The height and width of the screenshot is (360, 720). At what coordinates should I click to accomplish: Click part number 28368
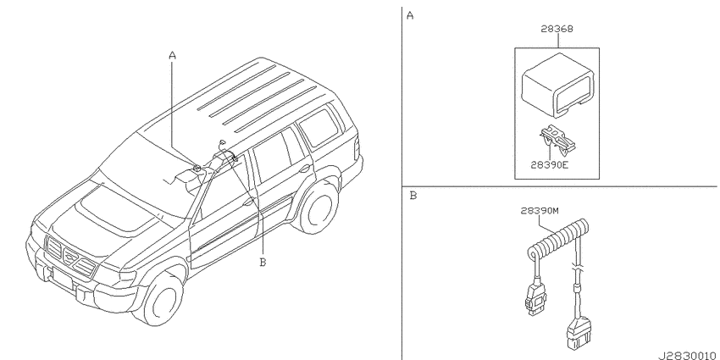click(x=557, y=29)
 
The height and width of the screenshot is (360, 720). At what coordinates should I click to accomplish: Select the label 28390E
click(x=549, y=165)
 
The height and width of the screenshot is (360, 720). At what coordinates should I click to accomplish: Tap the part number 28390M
click(x=540, y=211)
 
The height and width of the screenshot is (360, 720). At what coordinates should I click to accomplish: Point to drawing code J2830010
click(x=688, y=356)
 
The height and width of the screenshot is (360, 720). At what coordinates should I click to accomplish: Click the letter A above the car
click(x=172, y=56)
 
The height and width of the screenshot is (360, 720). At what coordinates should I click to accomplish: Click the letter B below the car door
click(x=263, y=263)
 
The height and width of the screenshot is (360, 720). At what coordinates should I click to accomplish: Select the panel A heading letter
click(x=410, y=16)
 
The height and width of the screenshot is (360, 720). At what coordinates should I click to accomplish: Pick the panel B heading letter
click(x=413, y=196)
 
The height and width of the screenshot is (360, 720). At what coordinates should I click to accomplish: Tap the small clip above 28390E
click(x=557, y=140)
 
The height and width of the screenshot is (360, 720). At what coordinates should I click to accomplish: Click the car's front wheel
click(x=161, y=297)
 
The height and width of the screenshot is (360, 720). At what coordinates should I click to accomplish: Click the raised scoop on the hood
click(x=115, y=209)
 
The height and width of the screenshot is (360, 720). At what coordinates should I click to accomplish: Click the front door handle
click(x=249, y=202)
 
